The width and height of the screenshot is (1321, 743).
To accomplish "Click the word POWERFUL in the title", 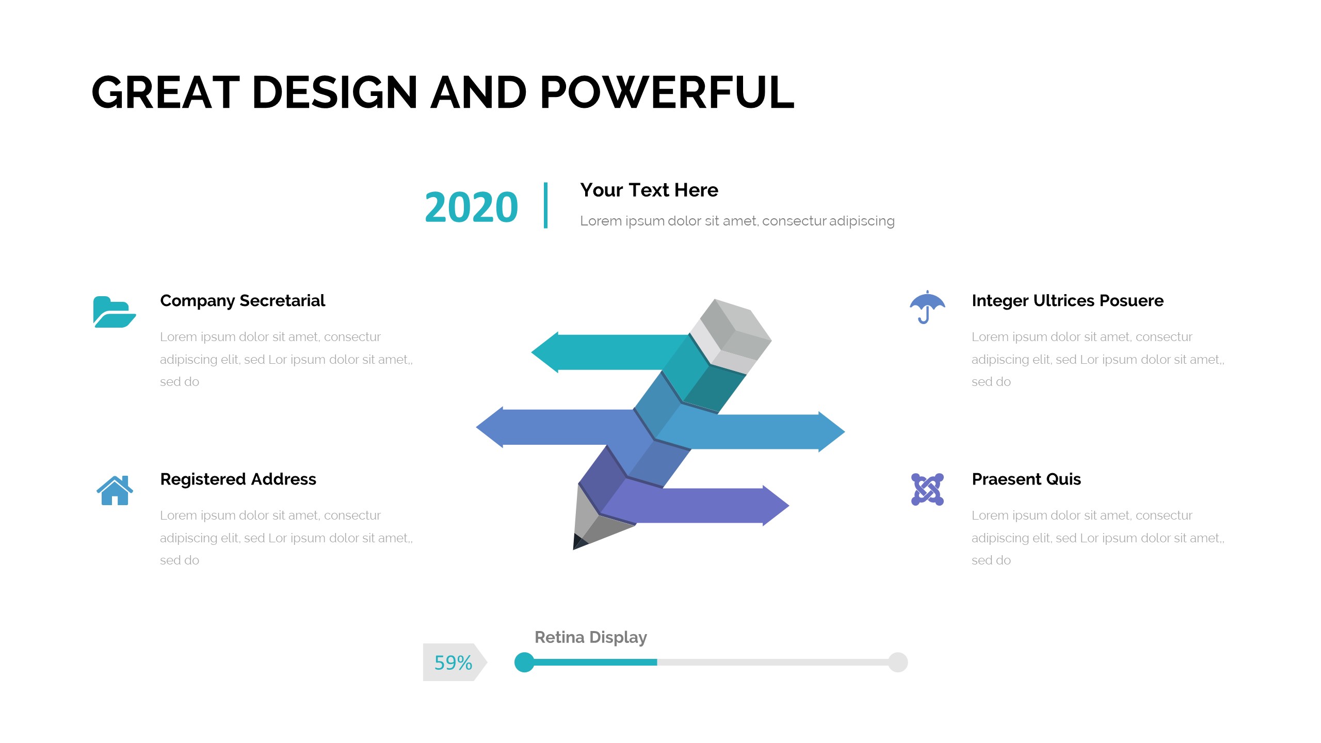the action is pos(667,92).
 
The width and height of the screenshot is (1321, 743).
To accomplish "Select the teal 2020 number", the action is pos(471,207).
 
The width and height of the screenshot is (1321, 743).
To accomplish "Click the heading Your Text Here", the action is pos(649,190).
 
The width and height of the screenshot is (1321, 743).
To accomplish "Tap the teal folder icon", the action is pos(115,312).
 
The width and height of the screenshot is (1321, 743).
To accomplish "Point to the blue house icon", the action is pos(115,490).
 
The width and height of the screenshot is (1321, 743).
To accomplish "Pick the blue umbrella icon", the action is pos(927,307).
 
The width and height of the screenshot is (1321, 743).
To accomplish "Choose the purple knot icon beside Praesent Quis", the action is pos(927,489).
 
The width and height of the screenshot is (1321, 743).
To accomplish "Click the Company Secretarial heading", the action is pos(243,301).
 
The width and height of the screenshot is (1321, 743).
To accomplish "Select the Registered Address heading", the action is pos(238,479).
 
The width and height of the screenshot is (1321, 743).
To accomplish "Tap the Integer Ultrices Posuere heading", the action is pos(1068,301).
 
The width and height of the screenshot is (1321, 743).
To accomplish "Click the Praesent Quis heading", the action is pos(1026,479).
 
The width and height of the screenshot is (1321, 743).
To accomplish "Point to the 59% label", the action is pos(453,663).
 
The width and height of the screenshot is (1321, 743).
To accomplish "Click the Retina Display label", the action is pos(591,638).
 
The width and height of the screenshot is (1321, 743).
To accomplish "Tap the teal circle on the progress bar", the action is pos(524,663).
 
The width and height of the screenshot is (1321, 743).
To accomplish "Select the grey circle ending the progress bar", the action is pos(898,663).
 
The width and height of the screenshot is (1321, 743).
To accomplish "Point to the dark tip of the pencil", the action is pos(579,542).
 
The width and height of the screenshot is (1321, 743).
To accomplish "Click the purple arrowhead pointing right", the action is pos(776,506).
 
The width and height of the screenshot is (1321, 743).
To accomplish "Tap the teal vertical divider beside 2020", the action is pos(545,205).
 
